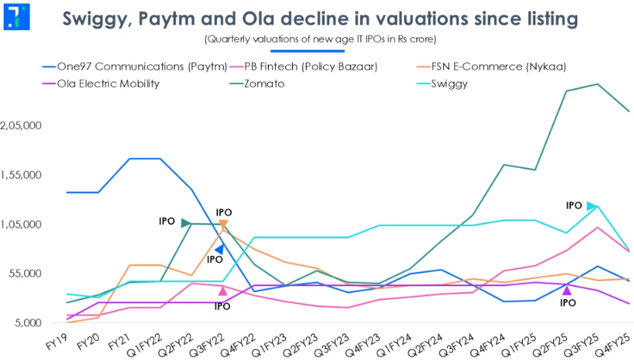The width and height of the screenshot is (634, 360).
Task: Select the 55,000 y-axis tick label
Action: (x=27, y=274)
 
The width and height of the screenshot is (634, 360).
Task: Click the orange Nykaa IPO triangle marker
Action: (x=224, y=225)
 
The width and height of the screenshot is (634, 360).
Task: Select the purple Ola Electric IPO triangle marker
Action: (x=567, y=290)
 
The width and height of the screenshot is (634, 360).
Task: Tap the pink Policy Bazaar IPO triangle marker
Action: (x=223, y=291)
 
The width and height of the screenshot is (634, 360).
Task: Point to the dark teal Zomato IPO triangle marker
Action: (x=186, y=223)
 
